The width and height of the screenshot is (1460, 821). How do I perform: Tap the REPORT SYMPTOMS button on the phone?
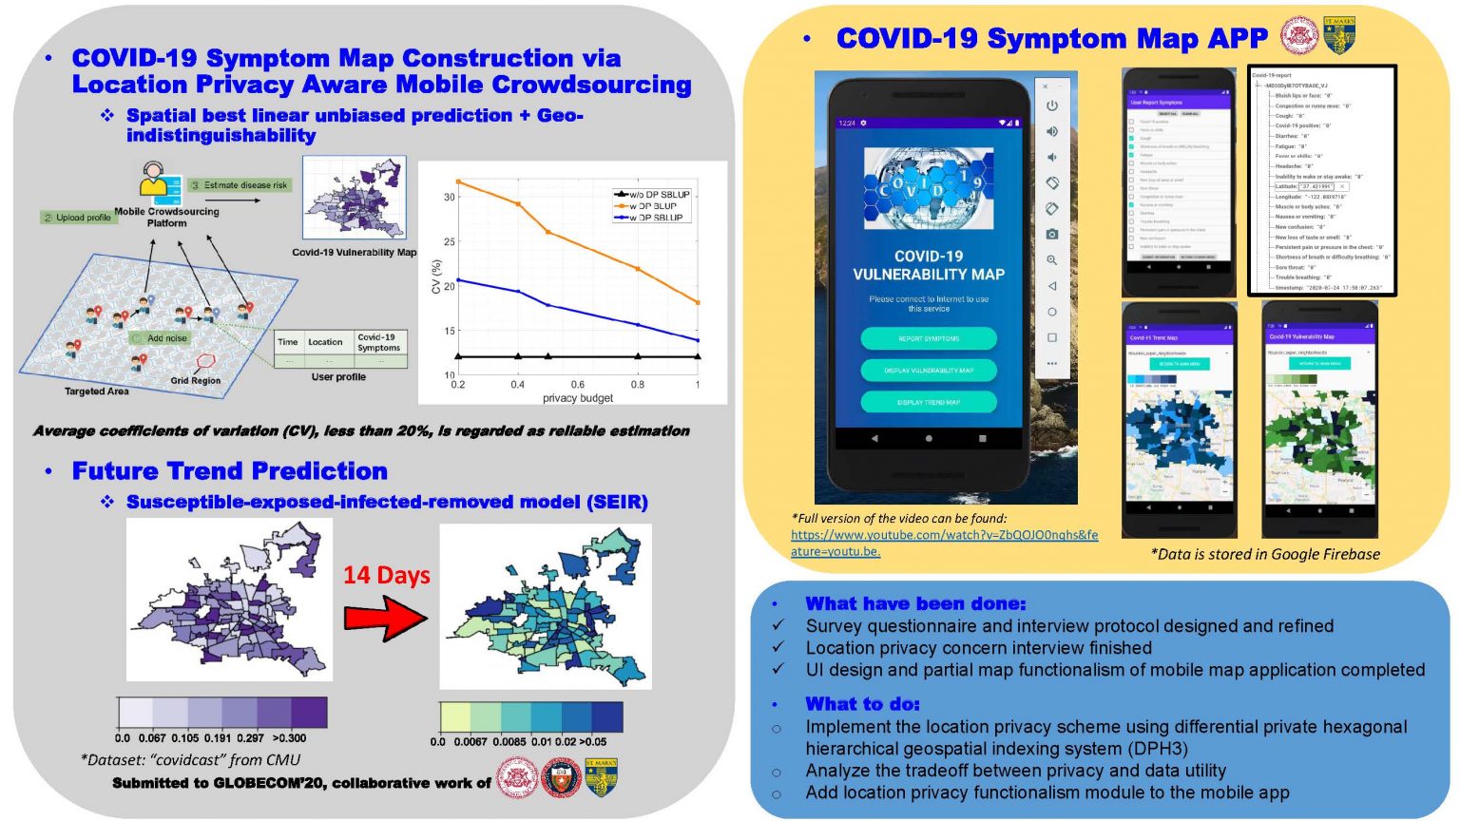pyautogui.click(x=929, y=338)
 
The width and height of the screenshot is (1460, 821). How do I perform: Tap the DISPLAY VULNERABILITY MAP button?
pyautogui.click(x=929, y=370)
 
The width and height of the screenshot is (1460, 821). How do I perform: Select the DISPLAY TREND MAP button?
pyautogui.click(x=929, y=402)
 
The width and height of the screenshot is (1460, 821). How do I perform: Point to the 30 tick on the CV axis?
pyautogui.click(x=449, y=197)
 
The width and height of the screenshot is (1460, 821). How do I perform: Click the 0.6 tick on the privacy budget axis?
pyautogui.click(x=577, y=385)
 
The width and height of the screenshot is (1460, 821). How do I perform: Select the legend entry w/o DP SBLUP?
pyautogui.click(x=659, y=195)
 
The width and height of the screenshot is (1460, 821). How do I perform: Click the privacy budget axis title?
pyautogui.click(x=577, y=398)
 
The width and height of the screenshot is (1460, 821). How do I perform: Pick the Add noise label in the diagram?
pyautogui.click(x=166, y=338)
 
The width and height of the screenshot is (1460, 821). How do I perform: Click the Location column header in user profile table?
pyautogui.click(x=325, y=342)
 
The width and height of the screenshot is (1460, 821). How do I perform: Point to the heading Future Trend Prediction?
pyautogui.click(x=230, y=471)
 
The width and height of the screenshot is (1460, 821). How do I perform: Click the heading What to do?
pyautogui.click(x=862, y=704)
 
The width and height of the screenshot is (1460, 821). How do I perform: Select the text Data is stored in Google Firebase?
pyautogui.click(x=1265, y=554)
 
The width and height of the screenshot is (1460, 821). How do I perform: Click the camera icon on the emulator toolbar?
pyautogui.click(x=1051, y=234)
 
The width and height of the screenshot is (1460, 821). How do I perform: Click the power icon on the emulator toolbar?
pyautogui.click(x=1051, y=105)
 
